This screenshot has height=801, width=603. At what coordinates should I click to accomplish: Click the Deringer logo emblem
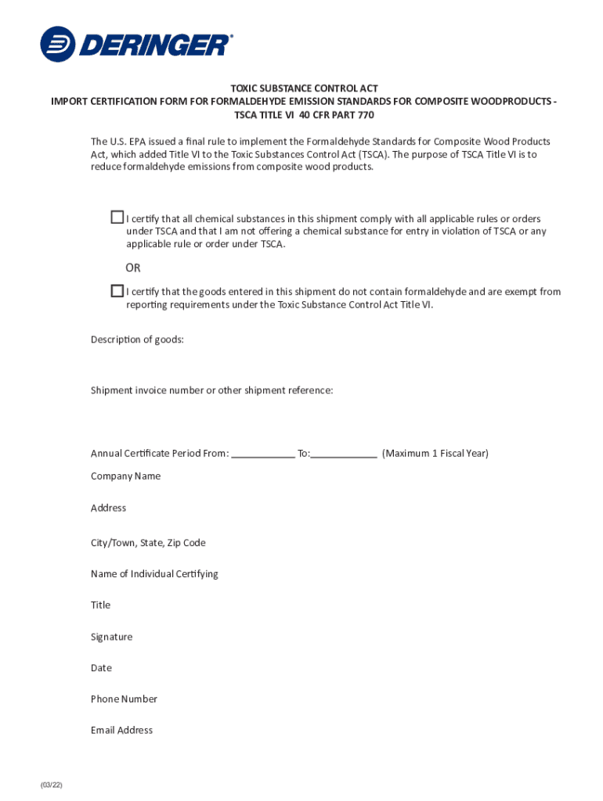57,44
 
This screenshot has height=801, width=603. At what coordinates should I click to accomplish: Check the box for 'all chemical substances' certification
117,217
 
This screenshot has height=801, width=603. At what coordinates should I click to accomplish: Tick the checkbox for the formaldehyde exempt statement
117,290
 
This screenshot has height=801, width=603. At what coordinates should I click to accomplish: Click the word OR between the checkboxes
133,268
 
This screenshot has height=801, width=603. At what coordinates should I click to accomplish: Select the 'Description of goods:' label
137,339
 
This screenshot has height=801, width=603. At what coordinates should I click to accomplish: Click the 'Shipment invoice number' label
211,390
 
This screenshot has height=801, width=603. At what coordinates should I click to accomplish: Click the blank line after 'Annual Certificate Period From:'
263,454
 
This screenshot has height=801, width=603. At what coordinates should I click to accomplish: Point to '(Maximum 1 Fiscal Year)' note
435,454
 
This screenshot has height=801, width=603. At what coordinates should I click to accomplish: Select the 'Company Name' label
125,476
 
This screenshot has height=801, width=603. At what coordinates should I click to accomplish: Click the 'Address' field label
108,508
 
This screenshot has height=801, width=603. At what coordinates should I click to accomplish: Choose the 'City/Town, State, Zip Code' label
148,543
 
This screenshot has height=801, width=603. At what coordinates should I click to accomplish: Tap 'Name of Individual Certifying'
154,574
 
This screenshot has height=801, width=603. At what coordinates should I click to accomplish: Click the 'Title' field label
100,605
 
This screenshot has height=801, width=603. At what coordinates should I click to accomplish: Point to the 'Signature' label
111,638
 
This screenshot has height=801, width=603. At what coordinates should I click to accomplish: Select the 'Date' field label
101,668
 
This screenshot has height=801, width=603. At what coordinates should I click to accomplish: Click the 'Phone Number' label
124,699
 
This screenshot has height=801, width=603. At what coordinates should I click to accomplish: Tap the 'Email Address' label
121,731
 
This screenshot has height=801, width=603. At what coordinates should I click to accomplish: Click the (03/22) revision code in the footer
52,785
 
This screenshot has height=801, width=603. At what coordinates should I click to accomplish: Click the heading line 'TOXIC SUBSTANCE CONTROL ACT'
305,89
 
